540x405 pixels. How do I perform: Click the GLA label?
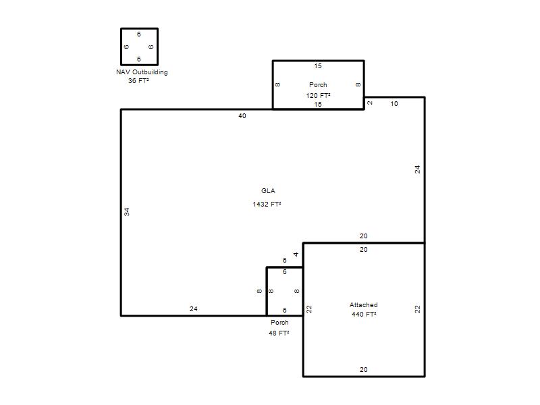tap(268, 191)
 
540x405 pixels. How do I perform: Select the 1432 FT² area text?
tap(267, 205)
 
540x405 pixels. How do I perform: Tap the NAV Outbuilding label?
tap(142, 72)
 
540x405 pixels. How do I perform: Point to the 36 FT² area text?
tap(138, 81)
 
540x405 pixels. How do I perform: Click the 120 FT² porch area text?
tap(318, 95)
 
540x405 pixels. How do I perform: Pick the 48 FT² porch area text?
tap(279, 333)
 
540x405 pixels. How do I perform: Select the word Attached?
tap(364, 305)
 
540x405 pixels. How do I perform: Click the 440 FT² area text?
tap(364, 314)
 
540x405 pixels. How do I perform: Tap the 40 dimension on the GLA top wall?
tap(242, 116)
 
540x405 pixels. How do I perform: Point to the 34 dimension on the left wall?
tap(127, 212)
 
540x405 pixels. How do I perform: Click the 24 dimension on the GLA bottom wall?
tap(194, 309)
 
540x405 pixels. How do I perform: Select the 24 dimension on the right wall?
tap(417, 169)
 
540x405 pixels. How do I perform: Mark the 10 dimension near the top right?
tap(394, 104)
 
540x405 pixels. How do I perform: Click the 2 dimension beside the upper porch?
tap(370, 103)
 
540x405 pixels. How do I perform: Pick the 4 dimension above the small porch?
tap(296, 254)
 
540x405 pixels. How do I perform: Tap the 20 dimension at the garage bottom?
tap(364, 369)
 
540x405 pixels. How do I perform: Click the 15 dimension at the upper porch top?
tap(318, 65)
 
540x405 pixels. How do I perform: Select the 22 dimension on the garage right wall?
tap(417, 309)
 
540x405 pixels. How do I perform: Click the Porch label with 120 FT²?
tap(318, 85)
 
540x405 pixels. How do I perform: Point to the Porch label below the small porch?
tap(279, 323)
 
